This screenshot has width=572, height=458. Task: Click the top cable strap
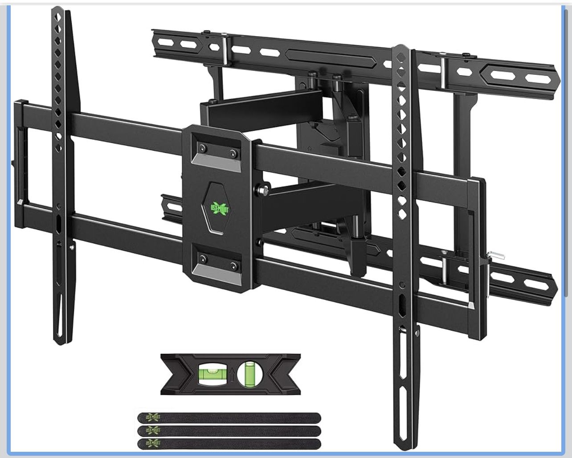tap(229, 418)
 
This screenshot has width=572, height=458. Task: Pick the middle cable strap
tap(229, 431)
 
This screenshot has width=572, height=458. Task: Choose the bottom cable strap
tap(229, 443)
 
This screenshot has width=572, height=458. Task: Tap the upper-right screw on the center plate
tap(233, 154)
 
